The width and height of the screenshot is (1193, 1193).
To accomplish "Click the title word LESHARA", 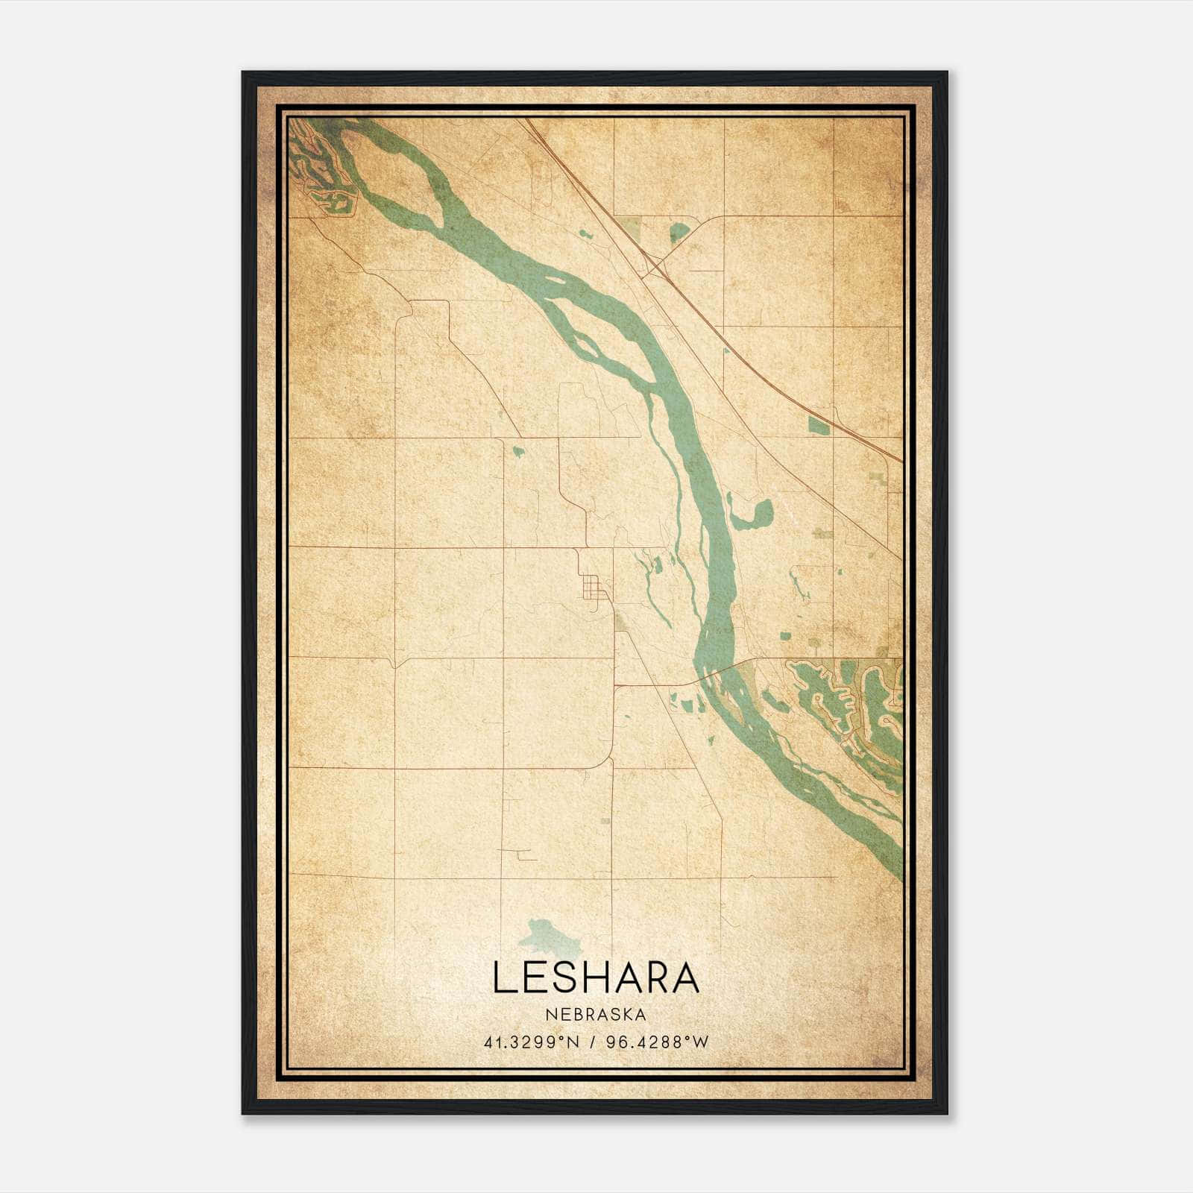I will pyautogui.click(x=596, y=978).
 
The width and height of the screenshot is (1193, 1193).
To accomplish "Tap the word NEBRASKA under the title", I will pyautogui.click(x=596, y=1015).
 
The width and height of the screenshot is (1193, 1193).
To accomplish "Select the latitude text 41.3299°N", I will pyautogui.click(x=532, y=1042).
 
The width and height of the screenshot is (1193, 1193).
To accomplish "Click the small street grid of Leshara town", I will pyautogui.click(x=594, y=587).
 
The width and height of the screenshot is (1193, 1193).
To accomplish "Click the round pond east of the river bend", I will pyautogui.click(x=762, y=512).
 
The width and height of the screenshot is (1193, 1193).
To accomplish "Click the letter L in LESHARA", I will pyautogui.click(x=501, y=978).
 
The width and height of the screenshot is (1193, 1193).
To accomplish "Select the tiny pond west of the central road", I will pyautogui.click(x=517, y=450).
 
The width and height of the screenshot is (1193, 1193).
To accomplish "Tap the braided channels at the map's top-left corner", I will pyautogui.click(x=313, y=160).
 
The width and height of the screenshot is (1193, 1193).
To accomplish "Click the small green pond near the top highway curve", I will pyautogui.click(x=679, y=232).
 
